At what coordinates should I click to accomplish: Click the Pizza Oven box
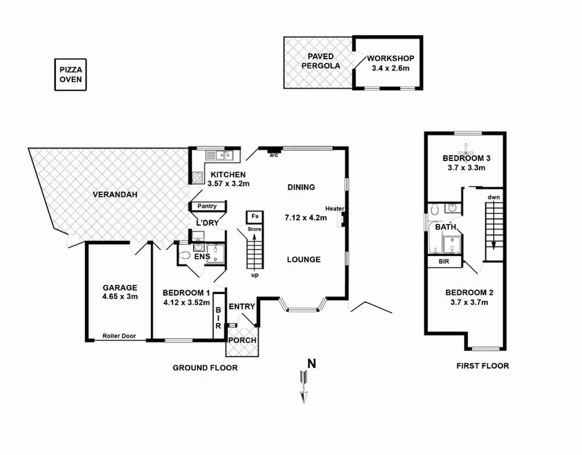[71, 75]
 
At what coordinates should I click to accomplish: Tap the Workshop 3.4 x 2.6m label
[390, 63]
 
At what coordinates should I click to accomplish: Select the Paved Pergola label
[321, 61]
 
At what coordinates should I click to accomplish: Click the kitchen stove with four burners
[198, 178]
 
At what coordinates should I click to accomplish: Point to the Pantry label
[206, 206]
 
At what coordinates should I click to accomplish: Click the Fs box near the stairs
[255, 217]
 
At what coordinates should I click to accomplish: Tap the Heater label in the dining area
[335, 209]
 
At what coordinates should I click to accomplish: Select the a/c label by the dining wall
[273, 155]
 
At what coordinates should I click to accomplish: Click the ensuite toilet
[185, 255]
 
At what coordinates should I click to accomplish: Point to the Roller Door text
[119, 336]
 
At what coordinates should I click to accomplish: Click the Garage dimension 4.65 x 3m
[120, 296]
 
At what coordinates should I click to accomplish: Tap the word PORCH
[242, 340]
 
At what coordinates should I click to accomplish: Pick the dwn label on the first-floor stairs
[494, 197]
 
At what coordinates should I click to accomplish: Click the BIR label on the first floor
[444, 262]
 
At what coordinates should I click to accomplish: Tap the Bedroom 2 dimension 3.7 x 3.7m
[469, 302]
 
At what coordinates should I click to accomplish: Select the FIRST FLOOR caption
[482, 366]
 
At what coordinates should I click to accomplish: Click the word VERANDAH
[115, 194]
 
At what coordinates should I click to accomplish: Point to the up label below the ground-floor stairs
[255, 275]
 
